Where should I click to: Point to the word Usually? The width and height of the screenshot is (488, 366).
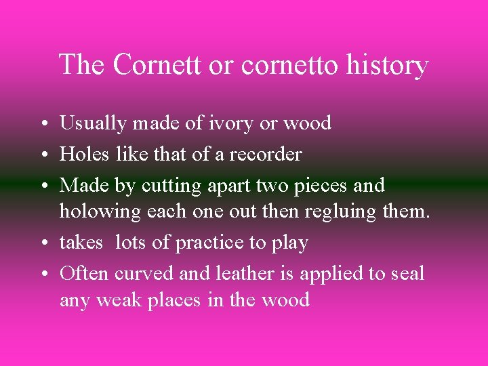tap(94, 123)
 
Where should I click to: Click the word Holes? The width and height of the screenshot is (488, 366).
tap(85, 154)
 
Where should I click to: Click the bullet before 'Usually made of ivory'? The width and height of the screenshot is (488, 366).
tap(43, 124)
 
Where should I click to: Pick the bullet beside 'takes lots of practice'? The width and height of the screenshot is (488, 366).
tap(43, 243)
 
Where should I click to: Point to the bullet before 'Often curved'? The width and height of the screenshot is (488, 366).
tap(43, 274)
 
